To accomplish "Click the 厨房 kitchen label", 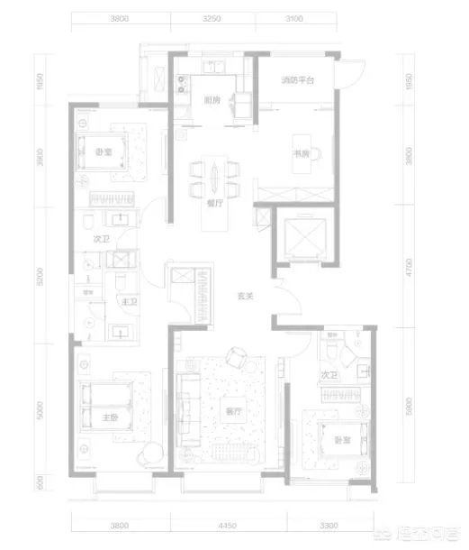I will (x=212, y=100).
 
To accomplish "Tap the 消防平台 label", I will (x=296, y=81).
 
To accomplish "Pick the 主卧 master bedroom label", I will (x=108, y=417).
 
